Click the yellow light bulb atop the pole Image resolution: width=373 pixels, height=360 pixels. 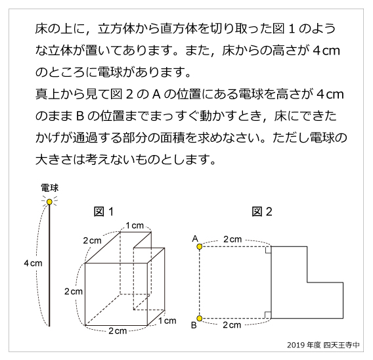49,202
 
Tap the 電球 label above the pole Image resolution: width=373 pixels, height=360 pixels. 49,188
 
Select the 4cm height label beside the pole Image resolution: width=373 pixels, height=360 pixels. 33,263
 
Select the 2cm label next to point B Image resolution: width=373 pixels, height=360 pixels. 233,325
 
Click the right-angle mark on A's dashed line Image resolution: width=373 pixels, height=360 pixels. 267,250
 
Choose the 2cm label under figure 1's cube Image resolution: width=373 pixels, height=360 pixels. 118,330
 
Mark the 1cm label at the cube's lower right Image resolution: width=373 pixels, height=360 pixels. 168,321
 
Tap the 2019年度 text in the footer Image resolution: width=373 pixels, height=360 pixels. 303,345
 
